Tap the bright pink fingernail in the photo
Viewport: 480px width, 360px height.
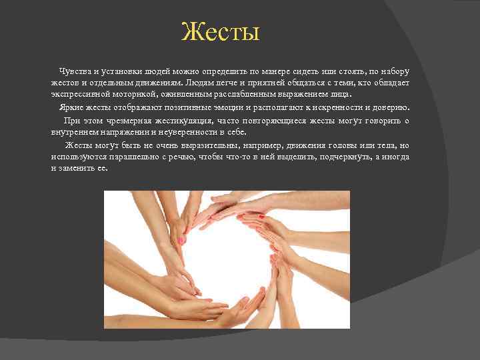click(181, 240)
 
